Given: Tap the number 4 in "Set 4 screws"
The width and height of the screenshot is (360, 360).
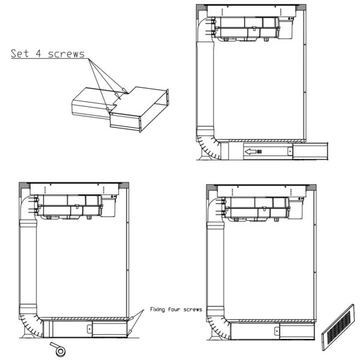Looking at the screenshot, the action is [38, 53].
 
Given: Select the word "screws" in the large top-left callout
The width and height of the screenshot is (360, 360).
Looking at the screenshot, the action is [67, 54].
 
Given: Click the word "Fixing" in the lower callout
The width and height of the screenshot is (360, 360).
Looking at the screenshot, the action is [157, 310].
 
